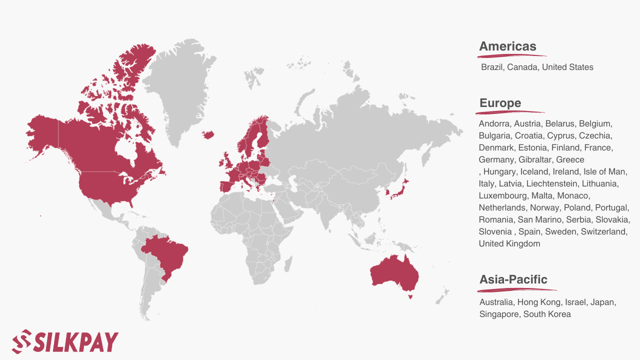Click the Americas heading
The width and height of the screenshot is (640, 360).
[x=507, y=46]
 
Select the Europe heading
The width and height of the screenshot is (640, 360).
[x=500, y=103]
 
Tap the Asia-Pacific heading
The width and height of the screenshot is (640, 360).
[x=513, y=279]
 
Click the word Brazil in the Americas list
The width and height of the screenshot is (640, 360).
[x=492, y=67]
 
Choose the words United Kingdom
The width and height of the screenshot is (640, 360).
[x=509, y=243]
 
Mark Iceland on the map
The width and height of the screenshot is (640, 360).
[x=208, y=134]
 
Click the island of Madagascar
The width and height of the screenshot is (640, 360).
[x=287, y=263]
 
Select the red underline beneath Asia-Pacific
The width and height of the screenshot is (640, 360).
[x=517, y=289]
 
